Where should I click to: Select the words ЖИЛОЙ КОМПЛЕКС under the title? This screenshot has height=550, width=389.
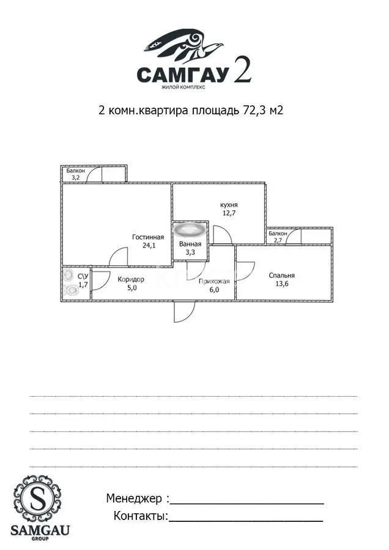pyautogui.click(x=183, y=87)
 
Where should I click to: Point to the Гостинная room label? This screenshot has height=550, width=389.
pyautogui.click(x=147, y=237)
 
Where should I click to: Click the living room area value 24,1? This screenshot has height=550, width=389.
pyautogui.click(x=149, y=246)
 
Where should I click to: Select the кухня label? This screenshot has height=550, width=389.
pyautogui.click(x=229, y=205)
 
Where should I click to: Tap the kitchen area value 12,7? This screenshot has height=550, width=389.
pyautogui.click(x=229, y=214)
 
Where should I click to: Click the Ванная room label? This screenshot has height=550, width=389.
pyautogui.click(x=190, y=244)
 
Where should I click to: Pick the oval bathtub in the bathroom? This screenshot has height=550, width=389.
pyautogui.click(x=190, y=230)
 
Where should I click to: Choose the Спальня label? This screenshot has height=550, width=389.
pyautogui.click(x=281, y=276)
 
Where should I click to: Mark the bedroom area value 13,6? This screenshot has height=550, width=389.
pyautogui.click(x=281, y=284)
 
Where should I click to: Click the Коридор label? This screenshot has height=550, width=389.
pyautogui.click(x=131, y=279)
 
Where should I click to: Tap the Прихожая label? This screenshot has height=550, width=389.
pyautogui.click(x=213, y=282)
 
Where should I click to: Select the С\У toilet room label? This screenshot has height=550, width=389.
pyautogui.click(x=83, y=276)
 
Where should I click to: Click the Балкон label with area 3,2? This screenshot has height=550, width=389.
pyautogui.click(x=76, y=170)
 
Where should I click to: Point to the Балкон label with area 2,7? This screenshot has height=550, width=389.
pyautogui.click(x=278, y=233)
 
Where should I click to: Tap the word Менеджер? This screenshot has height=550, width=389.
pyautogui.click(x=133, y=499)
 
